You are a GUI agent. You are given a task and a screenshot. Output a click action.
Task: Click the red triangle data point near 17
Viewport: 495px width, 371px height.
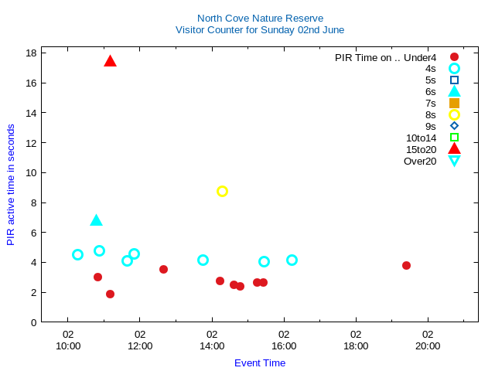[x=110, y=61]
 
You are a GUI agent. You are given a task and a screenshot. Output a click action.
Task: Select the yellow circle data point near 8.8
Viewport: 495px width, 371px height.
[x=222, y=191]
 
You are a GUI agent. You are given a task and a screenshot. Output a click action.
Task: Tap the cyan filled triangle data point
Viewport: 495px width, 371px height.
[x=96, y=220]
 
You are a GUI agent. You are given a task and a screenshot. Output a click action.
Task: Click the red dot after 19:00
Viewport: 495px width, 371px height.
[x=406, y=265]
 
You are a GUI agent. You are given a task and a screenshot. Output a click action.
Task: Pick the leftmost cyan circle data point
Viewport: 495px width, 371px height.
[x=77, y=254]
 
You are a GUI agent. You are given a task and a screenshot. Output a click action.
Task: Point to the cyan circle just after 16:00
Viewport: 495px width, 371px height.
[x=292, y=260]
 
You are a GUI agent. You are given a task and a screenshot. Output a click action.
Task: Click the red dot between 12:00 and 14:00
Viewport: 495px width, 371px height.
[x=163, y=269]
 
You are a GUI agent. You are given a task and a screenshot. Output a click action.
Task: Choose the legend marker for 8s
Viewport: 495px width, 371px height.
[x=454, y=114]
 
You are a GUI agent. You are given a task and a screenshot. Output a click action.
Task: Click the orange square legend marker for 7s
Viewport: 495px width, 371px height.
[x=454, y=103]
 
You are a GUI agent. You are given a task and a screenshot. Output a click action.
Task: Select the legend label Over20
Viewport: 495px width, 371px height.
[x=420, y=161]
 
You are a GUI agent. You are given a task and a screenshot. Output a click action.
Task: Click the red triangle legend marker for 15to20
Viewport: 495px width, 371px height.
[x=454, y=149]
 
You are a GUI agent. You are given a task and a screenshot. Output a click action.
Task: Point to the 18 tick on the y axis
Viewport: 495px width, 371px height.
[x=32, y=53]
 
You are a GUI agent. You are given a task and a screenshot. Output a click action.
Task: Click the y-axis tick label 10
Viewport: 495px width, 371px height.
[x=32, y=172]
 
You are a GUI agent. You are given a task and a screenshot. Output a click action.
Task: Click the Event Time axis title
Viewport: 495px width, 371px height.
[x=260, y=362]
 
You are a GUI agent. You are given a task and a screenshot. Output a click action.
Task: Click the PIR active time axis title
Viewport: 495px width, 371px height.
[x=11, y=185]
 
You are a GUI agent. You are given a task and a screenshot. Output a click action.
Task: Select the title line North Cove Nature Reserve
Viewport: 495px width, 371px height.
[x=260, y=18]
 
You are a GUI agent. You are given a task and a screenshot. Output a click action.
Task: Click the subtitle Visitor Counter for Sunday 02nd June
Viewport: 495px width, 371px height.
[x=260, y=29]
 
